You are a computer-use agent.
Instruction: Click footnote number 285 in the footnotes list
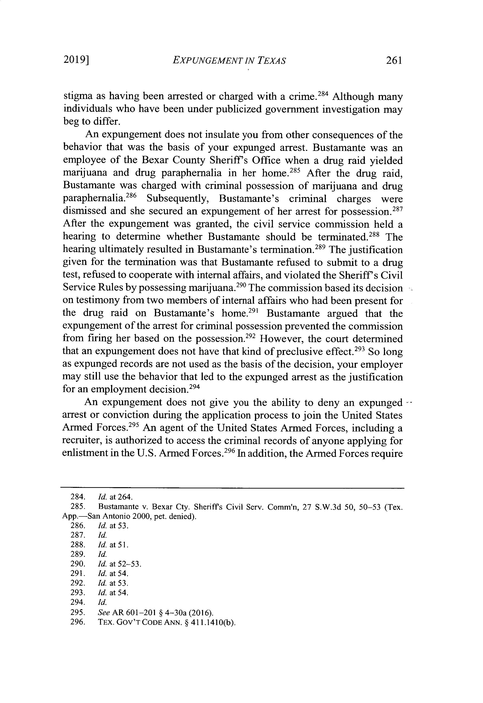pos(77,506)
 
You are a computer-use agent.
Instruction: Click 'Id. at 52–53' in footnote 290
pos(120,564)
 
